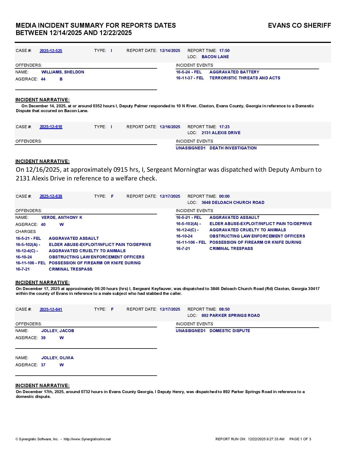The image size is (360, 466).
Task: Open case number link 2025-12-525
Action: coord(51,51)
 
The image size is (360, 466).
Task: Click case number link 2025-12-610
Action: coord(51,127)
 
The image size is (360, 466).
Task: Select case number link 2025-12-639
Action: coord(51,196)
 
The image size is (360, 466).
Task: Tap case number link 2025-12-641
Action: coord(51,309)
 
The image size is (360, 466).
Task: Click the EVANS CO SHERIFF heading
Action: coord(299,25)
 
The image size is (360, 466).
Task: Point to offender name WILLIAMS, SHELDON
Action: coord(63,72)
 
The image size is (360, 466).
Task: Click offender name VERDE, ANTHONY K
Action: coord(62,217)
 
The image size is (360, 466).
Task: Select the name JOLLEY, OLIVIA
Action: coord(57,358)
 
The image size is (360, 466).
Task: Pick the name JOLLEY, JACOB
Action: coord(58,331)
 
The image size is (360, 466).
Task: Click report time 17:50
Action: coord(224,51)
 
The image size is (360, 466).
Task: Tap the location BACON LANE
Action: coord(215,57)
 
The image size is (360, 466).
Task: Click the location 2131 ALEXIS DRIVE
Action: coord(221,133)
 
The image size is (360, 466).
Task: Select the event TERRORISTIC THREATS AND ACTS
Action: coord(245,78)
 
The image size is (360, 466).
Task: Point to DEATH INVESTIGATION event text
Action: coord(233,148)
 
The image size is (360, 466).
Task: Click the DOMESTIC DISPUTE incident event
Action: coord(230,331)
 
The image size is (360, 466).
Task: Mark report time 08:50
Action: coord(224,309)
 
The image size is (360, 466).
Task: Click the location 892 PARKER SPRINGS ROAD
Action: coord(230,315)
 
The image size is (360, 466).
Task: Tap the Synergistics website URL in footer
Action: coord(87,439)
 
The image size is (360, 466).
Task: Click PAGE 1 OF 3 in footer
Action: coord(300,439)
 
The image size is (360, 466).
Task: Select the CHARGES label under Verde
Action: coord(26,232)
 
